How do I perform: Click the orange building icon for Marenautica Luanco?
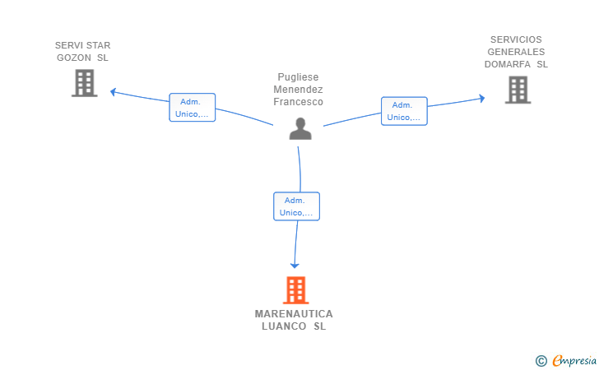coord(295,290)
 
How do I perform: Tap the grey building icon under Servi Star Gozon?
coord(84,83)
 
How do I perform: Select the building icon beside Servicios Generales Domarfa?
coord(518,90)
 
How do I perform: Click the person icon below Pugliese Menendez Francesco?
coord(300,128)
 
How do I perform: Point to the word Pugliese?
coord(298,76)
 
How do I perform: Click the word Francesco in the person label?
coord(298,102)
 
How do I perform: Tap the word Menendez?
coord(298,90)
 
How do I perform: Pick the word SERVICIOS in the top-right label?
coord(516,39)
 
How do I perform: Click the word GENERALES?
coord(516,52)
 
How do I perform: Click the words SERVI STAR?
coord(82,45)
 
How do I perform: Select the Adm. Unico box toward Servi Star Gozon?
coord(193,108)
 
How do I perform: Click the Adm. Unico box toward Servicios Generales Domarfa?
coord(404,111)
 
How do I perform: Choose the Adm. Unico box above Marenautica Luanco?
coord(296,206)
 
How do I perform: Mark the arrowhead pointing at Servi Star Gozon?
coord(114,91)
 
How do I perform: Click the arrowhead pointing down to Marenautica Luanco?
coord(295,265)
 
